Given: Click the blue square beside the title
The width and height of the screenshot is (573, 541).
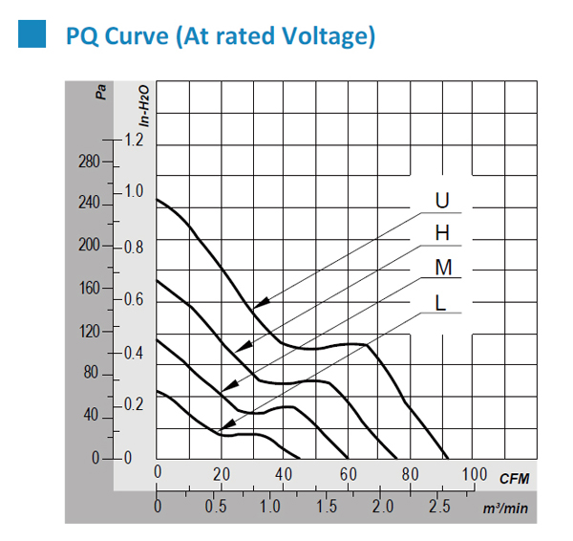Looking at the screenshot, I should click(32, 36).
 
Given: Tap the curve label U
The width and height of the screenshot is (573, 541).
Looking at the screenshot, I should click(441, 202).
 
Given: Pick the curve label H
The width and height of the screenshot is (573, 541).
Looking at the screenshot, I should click(441, 234).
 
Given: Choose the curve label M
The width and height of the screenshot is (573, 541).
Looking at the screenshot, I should click(442, 269).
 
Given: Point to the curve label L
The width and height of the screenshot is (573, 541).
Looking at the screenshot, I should click(440, 302).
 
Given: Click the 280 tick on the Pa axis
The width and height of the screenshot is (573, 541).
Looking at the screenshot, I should click(90, 162).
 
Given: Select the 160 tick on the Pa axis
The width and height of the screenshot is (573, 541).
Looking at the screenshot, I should click(90, 288).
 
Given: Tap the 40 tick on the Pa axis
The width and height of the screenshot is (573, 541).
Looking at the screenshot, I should click(93, 416).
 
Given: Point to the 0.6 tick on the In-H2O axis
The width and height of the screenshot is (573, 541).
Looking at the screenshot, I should click(132, 300).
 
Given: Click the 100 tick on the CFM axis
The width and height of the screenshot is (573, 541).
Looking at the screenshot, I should click(474, 475).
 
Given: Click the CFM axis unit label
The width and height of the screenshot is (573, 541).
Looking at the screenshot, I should click(514, 477).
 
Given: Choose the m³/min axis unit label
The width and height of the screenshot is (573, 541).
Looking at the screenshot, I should click(505, 508).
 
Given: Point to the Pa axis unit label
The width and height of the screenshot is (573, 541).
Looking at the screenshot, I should click(100, 92).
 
